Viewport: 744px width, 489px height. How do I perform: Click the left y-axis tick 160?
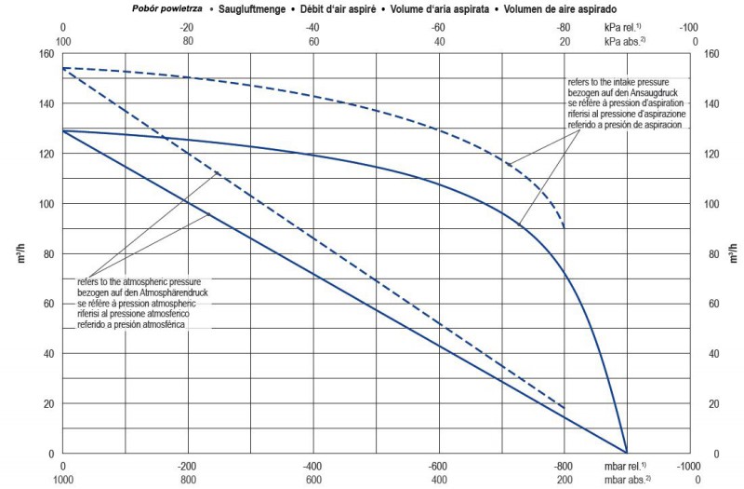point(45,53)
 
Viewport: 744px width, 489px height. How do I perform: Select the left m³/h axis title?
point(20,253)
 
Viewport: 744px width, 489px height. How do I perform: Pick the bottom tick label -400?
point(313,466)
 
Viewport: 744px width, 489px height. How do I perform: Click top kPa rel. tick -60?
point(439,28)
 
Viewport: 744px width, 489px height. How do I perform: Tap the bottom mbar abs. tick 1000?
point(62,480)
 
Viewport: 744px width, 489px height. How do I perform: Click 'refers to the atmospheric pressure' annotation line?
point(146,281)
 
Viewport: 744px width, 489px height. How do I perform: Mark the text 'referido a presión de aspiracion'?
point(624,125)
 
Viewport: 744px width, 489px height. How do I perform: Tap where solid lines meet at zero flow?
point(628,453)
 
